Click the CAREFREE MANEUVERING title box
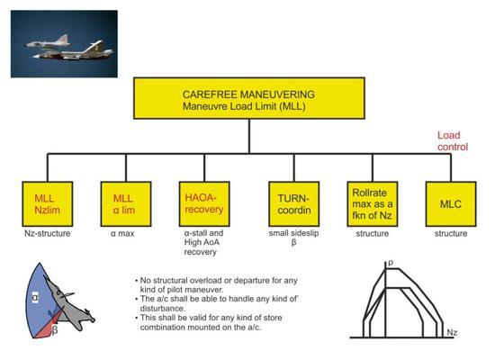click(x=249, y=98)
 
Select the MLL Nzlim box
click(x=48, y=204)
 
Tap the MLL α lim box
click(x=126, y=204)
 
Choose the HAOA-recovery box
click(x=204, y=204)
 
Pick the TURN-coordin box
click(x=294, y=204)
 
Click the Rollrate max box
click(x=373, y=204)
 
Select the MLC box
click(x=451, y=204)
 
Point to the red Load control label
click(x=453, y=140)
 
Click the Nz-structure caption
click(x=48, y=233)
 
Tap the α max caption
click(x=122, y=234)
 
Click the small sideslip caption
click(x=293, y=238)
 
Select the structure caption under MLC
click(x=451, y=234)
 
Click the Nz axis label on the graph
click(x=452, y=332)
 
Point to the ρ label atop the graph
click(x=391, y=264)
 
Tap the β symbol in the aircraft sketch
click(x=55, y=330)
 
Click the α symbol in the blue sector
click(x=35, y=297)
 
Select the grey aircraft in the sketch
click(x=67, y=303)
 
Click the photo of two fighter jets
click(x=64, y=44)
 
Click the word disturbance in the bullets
click(x=163, y=308)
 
